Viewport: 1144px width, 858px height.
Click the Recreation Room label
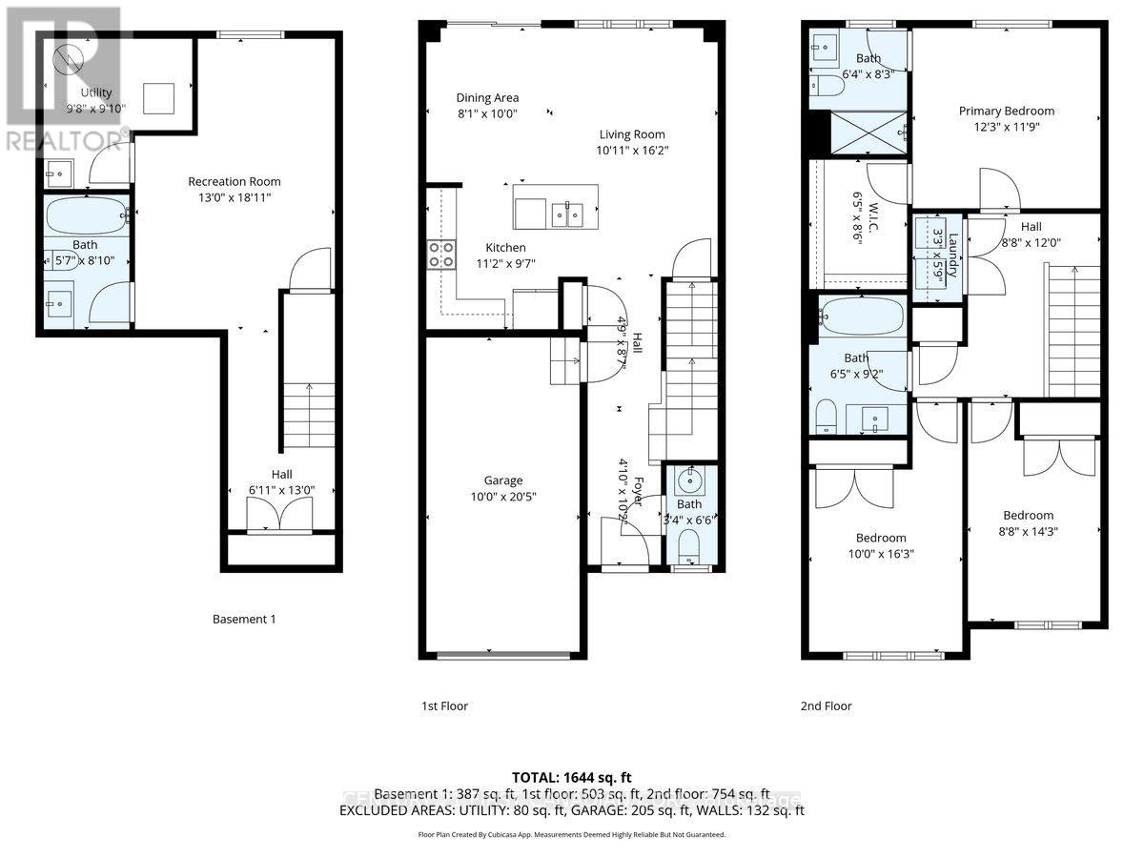click(x=234, y=181)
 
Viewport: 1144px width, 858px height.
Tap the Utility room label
click(x=95, y=92)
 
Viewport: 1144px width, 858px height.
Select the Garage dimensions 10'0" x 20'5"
click(x=502, y=497)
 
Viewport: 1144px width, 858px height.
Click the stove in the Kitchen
click(x=439, y=254)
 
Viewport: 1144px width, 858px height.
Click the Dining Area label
click(x=487, y=97)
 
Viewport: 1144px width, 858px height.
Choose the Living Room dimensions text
click(x=632, y=151)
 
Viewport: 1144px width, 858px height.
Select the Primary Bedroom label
click(x=1006, y=111)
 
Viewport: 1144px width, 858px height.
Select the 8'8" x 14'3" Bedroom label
click(x=1028, y=515)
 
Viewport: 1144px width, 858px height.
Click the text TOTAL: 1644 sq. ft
click(x=572, y=775)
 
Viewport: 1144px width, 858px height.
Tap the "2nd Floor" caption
click(x=826, y=706)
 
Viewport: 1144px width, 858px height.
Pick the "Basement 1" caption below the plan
click(x=243, y=620)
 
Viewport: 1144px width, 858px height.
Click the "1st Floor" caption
click(x=444, y=706)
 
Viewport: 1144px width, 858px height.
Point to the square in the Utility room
click(x=159, y=97)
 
